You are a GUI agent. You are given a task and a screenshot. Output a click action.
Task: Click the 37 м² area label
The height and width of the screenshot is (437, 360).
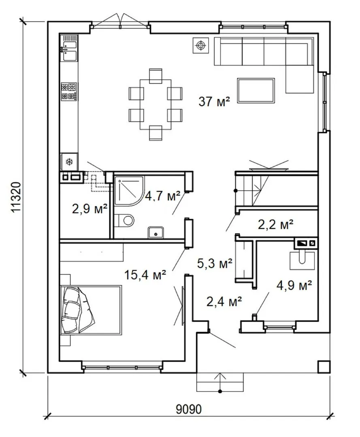pos(214,102)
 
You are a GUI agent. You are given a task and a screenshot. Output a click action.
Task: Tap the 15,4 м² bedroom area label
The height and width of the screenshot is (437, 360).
pos(145,275)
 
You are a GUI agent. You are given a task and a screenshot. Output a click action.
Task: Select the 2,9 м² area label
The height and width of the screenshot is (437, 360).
pos(89,208)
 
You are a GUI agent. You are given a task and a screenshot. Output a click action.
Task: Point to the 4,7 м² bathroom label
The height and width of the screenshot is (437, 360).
pos(162,196)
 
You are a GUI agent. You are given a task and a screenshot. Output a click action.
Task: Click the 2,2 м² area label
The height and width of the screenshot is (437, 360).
pos(275,224)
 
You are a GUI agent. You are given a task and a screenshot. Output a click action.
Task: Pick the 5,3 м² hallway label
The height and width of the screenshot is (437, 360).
pos(215,263)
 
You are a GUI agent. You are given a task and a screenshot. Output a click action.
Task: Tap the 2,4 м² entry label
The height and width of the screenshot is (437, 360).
pos(224,301)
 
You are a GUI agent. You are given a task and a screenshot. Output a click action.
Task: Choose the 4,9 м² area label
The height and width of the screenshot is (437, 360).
pos(294,285)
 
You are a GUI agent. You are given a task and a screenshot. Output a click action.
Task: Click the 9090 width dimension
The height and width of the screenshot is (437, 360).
pos(189,409)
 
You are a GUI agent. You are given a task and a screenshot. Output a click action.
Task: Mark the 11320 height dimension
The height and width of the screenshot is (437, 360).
pos(16,197)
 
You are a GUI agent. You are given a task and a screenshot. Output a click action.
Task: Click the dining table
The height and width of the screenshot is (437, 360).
pos(156,104)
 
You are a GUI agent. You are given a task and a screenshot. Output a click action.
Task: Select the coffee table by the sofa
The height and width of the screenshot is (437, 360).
pos(256,90)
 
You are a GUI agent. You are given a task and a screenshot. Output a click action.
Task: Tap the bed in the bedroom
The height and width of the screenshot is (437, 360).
pos(91,310)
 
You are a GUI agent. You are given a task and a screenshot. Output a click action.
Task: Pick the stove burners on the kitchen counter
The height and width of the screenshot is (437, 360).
pos(69,91)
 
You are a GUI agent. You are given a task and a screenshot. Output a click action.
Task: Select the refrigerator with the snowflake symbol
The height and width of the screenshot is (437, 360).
pos(69,161)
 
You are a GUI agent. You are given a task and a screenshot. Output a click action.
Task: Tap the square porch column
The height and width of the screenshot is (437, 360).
pos(324,367)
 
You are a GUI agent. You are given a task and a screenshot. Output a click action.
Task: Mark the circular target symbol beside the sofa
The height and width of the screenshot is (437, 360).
pos(200,45)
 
